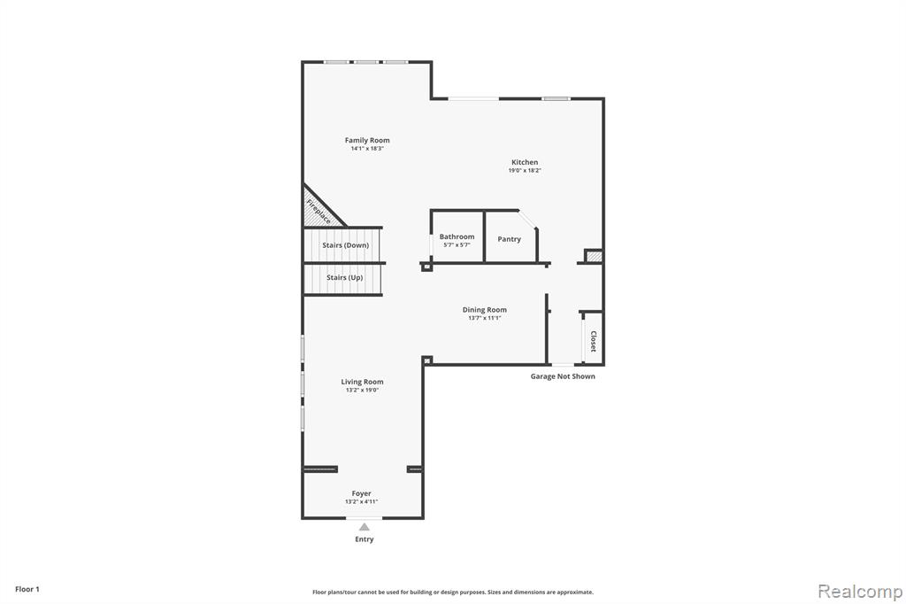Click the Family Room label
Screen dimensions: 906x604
pyautogui.click(x=367, y=140)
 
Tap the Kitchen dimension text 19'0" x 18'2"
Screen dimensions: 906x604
pyautogui.click(x=525, y=171)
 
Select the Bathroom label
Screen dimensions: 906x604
pyautogui.click(x=457, y=236)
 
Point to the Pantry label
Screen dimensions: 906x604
pyautogui.click(x=509, y=239)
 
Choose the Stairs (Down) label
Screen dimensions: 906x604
pyautogui.click(x=346, y=245)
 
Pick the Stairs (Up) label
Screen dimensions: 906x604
pyautogui.click(x=344, y=278)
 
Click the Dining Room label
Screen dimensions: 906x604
pyautogui.click(x=484, y=309)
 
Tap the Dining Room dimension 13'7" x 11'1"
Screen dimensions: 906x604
pyautogui.click(x=484, y=318)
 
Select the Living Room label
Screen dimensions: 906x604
pyautogui.click(x=362, y=382)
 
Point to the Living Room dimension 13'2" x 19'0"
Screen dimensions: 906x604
pyautogui.click(x=362, y=391)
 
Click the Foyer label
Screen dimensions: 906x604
pyautogui.click(x=361, y=493)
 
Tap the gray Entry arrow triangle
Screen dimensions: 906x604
pyautogui.click(x=364, y=527)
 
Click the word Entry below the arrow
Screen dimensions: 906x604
pyautogui.click(x=364, y=539)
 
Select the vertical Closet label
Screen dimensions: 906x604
pyautogui.click(x=593, y=341)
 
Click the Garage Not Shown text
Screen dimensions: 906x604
pyautogui.click(x=563, y=376)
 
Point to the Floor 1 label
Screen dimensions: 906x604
pyautogui.click(x=27, y=589)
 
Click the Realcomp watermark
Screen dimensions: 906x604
pyautogui.click(x=860, y=592)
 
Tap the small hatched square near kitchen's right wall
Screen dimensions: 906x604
pyautogui.click(x=594, y=256)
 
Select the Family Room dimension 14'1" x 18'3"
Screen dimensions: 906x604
pyautogui.click(x=367, y=149)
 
